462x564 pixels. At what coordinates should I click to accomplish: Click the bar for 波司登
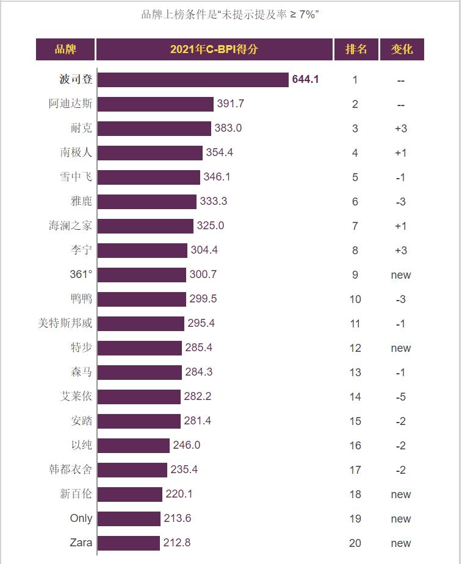[x=192, y=80]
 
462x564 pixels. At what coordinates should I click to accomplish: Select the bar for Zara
[x=128, y=543]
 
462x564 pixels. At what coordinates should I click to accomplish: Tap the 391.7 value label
[x=231, y=104]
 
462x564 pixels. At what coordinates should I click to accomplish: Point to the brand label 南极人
[x=76, y=152]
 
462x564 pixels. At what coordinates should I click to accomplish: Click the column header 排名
[x=356, y=49]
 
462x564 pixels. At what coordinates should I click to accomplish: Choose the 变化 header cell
[x=402, y=49]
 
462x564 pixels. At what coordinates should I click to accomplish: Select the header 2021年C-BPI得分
[x=214, y=49]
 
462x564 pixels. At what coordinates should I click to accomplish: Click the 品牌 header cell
[x=65, y=49]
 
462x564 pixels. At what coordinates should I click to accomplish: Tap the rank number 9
[x=355, y=275]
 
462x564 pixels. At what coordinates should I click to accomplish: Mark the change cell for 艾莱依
[x=401, y=397]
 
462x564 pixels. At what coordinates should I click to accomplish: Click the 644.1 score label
[x=305, y=79]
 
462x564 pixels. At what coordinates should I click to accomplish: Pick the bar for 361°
[x=142, y=275]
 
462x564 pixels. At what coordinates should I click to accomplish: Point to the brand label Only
[x=81, y=518]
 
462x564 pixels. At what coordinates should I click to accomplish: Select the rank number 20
[x=355, y=543]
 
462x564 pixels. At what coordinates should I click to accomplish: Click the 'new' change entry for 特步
[x=401, y=348]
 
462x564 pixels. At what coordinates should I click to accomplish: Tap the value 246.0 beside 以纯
[x=186, y=445]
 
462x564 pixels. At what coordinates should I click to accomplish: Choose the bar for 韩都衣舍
[x=132, y=469]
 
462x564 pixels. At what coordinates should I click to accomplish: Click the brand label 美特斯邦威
[x=65, y=323]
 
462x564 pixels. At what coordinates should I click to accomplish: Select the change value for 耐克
[x=401, y=129]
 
